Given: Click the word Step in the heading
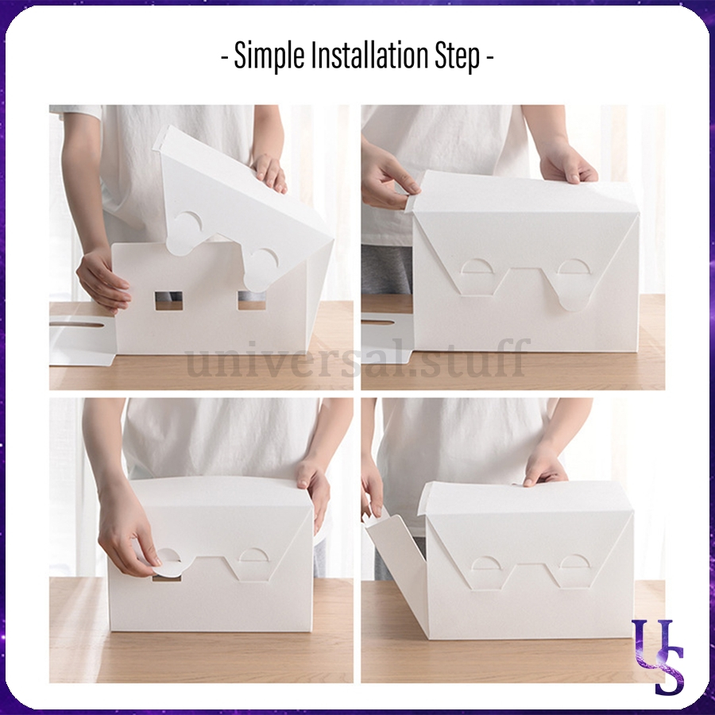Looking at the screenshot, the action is point(458,56).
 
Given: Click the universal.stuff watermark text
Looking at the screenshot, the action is point(357,357).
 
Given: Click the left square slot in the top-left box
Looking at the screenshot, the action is point(168,301).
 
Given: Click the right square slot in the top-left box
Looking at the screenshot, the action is point(252,300).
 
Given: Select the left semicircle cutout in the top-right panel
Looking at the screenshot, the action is point(477,267).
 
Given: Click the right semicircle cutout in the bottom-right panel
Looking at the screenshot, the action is point(574,562).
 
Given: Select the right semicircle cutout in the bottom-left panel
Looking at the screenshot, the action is point(254,555).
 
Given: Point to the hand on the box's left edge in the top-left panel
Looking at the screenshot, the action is point(102,284).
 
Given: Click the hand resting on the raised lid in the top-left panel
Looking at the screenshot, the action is point(269,173).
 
